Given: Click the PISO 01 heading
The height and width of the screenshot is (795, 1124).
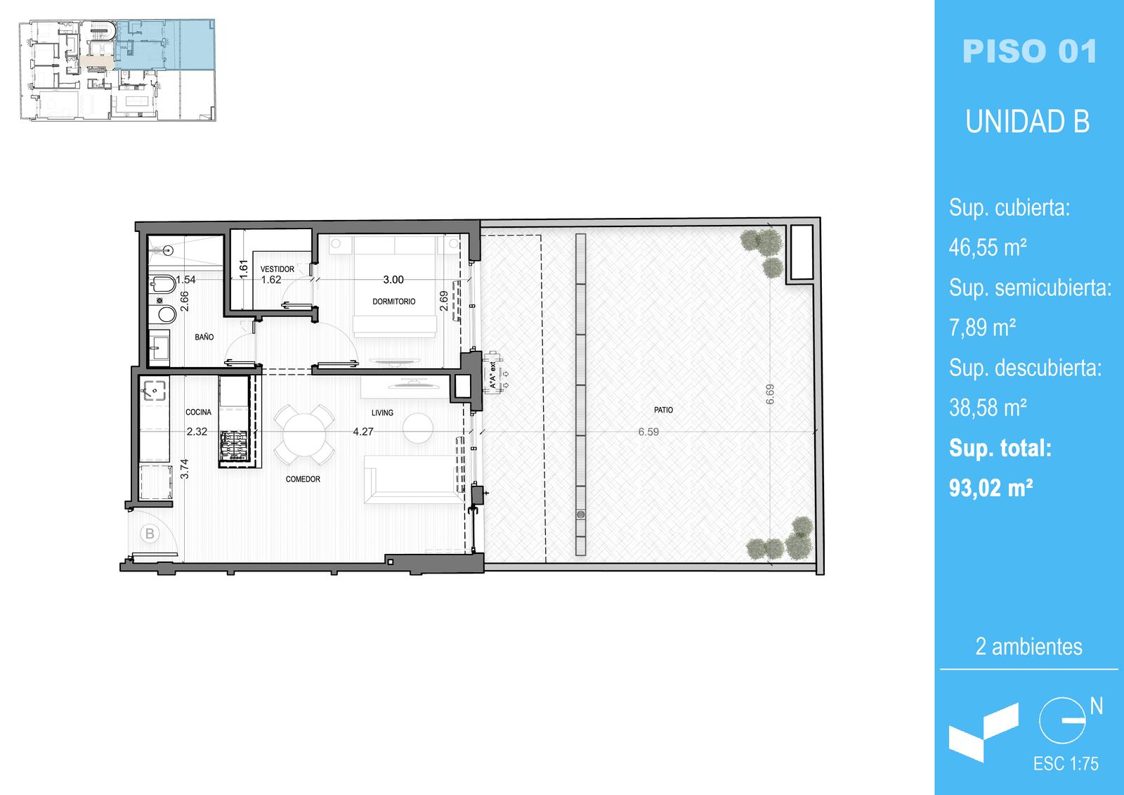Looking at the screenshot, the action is pos(1029,51).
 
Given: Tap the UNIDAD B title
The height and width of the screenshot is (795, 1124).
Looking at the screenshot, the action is pos(1028,122).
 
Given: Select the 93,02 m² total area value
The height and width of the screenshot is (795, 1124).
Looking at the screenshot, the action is pos(991,488).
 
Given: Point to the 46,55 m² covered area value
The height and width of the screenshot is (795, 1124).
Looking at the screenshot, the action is pos(987,247).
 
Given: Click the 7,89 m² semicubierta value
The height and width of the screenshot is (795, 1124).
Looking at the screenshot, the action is pos(982,328).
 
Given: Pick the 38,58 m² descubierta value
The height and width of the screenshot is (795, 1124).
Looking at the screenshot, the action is pos(987,407).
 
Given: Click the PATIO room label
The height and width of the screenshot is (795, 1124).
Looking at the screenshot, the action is pos(663,410).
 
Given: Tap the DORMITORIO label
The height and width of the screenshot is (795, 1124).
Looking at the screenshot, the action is pos(394,302).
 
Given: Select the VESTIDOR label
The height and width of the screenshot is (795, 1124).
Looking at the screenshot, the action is pos(277,269).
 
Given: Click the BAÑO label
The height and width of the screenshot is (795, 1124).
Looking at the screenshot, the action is pos(204,337).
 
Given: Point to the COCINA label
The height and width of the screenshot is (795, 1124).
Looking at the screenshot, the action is pos(198,412).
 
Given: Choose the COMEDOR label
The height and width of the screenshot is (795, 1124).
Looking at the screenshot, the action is pos(303,479).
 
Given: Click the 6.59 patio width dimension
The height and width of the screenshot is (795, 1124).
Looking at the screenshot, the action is pos(648,432).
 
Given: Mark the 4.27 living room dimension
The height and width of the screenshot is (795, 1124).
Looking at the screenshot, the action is pos(362,432).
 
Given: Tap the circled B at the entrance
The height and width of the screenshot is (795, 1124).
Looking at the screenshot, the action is pos(150,534).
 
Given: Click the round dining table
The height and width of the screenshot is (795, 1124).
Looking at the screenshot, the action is pos(304,434).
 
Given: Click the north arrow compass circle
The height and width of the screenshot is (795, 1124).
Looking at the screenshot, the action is pos(1061,720).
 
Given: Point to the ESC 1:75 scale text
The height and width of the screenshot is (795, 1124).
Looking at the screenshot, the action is pos(1066,764).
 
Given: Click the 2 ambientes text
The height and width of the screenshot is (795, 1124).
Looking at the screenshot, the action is pos(1028,647).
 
